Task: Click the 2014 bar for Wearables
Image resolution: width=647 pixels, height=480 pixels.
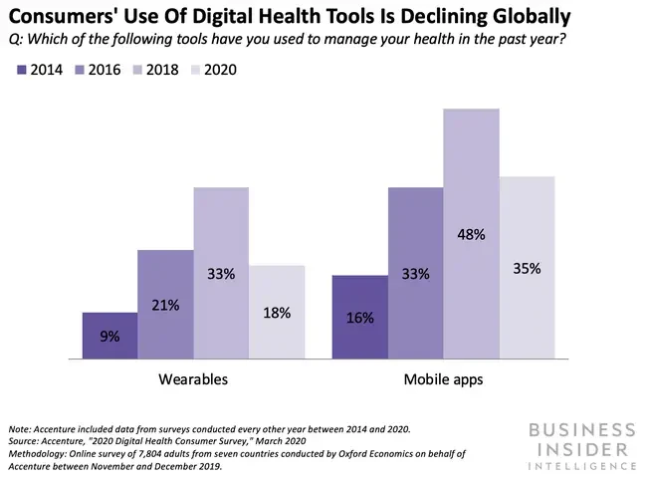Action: [x=109, y=335]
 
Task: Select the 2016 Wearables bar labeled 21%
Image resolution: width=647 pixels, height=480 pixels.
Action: [x=165, y=304]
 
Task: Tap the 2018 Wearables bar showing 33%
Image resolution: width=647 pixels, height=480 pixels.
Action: [x=221, y=272]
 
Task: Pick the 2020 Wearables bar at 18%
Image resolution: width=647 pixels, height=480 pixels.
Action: [x=277, y=311]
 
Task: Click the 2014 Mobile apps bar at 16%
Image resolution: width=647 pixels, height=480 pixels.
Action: [x=359, y=317]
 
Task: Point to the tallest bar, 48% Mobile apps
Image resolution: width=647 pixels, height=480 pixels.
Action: [x=471, y=233]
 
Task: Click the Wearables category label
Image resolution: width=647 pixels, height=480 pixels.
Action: [x=193, y=379]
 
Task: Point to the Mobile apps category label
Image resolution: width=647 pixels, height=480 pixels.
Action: [x=443, y=379]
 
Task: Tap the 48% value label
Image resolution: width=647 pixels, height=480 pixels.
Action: [x=471, y=235]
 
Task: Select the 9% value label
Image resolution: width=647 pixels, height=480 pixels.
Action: [x=109, y=337]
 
